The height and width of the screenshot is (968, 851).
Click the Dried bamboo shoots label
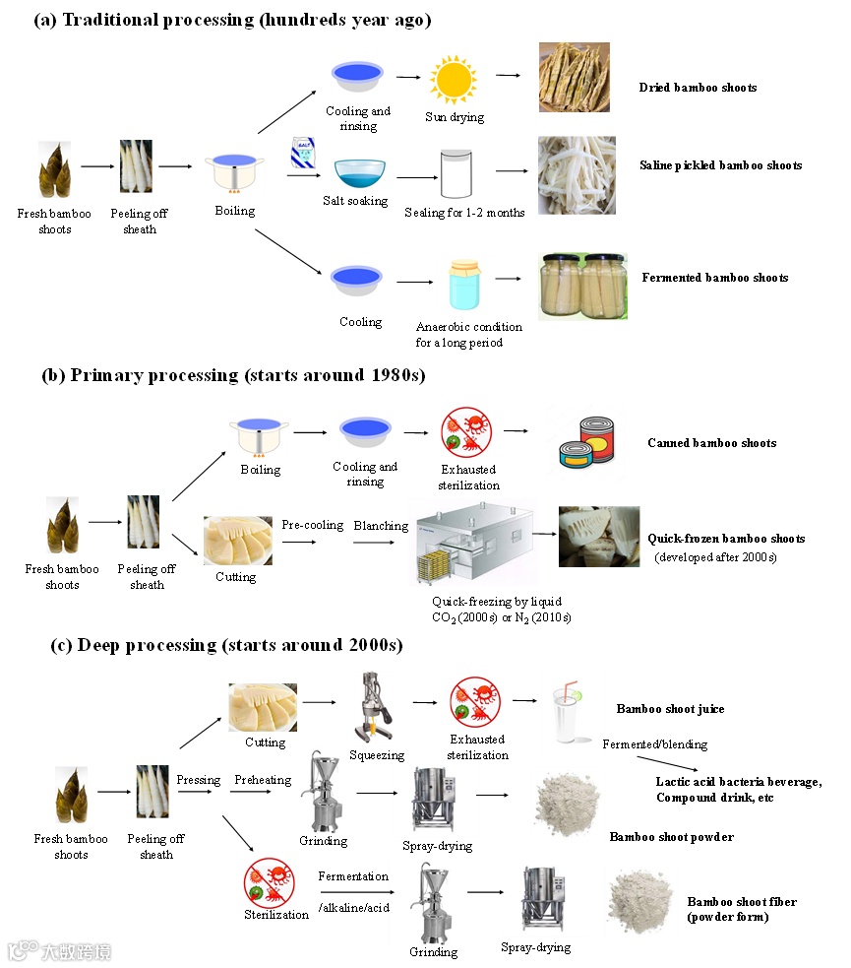pyautogui.click(x=698, y=88)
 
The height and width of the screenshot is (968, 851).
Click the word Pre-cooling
pyautogui.click(x=313, y=526)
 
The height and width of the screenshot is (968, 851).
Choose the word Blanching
pyautogui.click(x=381, y=526)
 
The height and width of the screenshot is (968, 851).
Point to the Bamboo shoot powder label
pyautogui.click(x=671, y=837)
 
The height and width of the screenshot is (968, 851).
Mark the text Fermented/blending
pyautogui.click(x=654, y=744)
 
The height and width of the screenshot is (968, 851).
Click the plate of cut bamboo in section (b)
pyautogui.click(x=237, y=540)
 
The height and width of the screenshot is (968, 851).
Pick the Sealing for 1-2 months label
pyautogui.click(x=464, y=213)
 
